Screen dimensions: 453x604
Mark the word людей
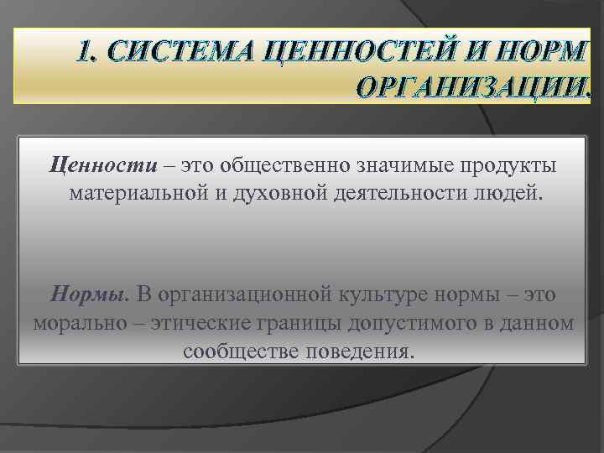514,194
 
